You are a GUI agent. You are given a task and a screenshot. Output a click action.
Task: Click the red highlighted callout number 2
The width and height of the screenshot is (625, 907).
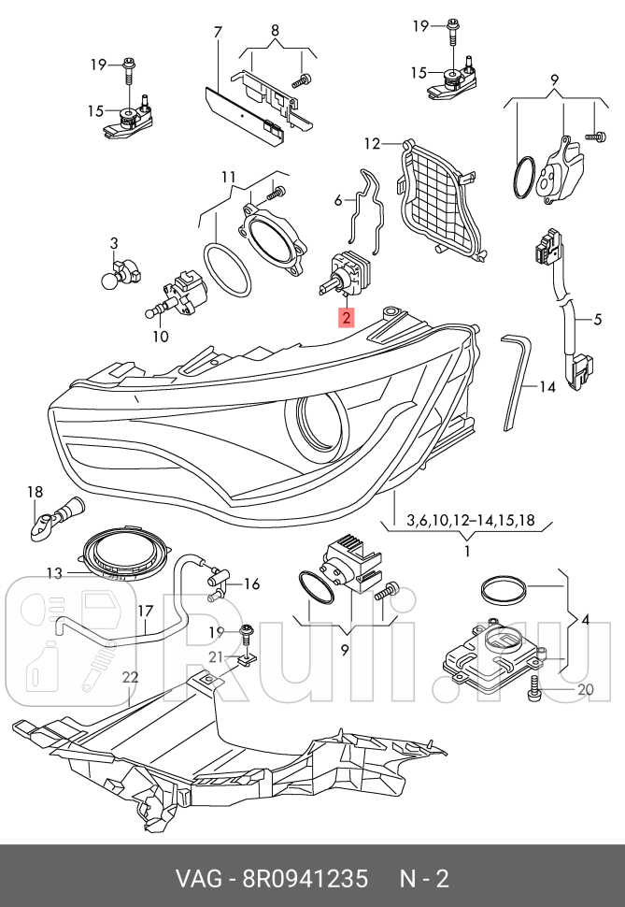pos(347,319)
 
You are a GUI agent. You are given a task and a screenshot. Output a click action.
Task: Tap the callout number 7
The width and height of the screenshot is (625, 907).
pos(218,33)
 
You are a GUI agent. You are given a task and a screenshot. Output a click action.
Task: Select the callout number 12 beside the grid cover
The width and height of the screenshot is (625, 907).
pos(373,144)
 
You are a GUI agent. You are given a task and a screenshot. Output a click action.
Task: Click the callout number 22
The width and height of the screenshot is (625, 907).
pos(130,677)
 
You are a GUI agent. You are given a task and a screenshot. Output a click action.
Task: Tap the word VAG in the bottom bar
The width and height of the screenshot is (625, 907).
pos(206,879)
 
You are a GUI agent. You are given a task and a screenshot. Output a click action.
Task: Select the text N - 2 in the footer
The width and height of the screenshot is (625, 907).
pos(425,879)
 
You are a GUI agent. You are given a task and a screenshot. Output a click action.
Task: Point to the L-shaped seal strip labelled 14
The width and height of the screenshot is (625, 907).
pos(516,379)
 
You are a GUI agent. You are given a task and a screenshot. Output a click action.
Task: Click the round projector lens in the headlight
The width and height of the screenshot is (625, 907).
pos(322,422)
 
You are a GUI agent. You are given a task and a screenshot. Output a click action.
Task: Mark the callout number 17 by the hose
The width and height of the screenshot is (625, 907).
pos(145,611)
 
